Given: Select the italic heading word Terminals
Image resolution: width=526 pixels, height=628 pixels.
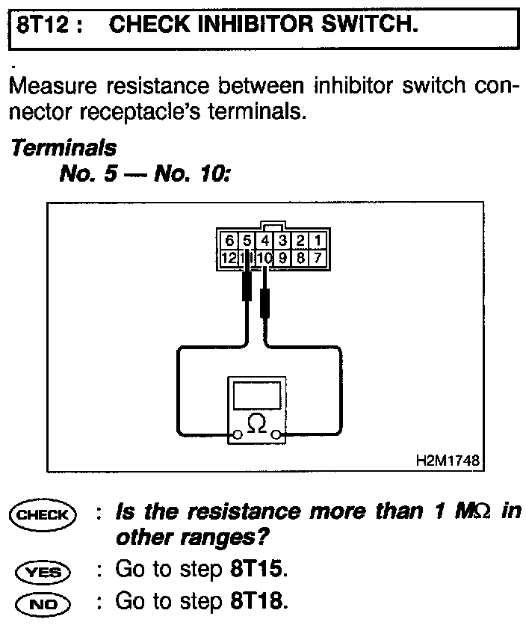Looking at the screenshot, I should pyautogui.click(x=63, y=149).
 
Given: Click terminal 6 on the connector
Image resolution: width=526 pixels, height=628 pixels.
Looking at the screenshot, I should pyautogui.click(x=229, y=241).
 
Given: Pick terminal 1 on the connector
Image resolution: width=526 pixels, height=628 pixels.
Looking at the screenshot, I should pyautogui.click(x=318, y=241).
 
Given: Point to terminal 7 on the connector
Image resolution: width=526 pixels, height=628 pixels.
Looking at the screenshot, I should pyautogui.click(x=318, y=258).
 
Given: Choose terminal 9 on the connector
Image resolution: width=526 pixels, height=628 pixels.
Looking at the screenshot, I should pyautogui.click(x=283, y=258).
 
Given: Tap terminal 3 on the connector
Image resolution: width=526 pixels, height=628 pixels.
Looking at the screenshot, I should pyautogui.click(x=283, y=241).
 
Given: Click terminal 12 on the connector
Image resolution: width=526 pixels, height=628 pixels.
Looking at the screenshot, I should pyautogui.click(x=228, y=258).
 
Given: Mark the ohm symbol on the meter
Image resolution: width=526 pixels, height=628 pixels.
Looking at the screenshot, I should pyautogui.click(x=256, y=423).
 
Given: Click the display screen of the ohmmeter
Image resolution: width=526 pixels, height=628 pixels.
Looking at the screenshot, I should pyautogui.click(x=257, y=394).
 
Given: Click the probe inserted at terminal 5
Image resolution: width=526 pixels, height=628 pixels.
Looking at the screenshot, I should pyautogui.click(x=247, y=288).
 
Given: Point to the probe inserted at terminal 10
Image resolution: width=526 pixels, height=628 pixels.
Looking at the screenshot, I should pyautogui.click(x=264, y=304).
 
